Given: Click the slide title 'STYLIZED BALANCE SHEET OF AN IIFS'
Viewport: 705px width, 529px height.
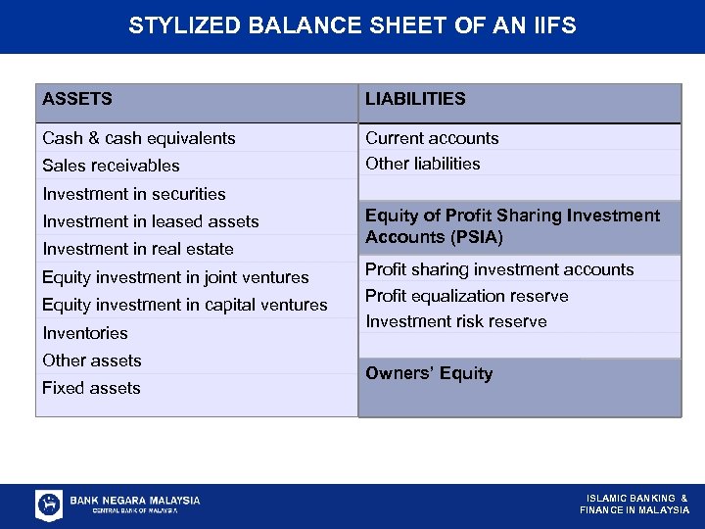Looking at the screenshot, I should [x=352, y=25].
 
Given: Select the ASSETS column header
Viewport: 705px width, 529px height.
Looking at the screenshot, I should [x=77, y=99].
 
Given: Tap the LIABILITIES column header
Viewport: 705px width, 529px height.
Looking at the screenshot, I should [x=415, y=99].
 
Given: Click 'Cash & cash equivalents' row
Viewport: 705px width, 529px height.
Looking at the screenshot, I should [x=138, y=138].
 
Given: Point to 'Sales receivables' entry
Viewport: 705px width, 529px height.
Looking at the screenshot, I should [x=111, y=166].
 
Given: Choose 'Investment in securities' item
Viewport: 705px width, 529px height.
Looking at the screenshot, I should [x=133, y=194].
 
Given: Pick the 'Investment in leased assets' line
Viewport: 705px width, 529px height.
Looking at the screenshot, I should [x=150, y=221].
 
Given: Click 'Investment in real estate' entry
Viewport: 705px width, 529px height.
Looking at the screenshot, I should [x=137, y=249].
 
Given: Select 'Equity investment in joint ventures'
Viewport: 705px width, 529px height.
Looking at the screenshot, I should [x=175, y=277].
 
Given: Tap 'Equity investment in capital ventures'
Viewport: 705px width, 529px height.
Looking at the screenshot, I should [x=184, y=305].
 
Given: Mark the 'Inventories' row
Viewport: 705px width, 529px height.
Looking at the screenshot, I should [x=85, y=333].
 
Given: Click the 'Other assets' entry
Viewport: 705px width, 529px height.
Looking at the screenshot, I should [x=91, y=361].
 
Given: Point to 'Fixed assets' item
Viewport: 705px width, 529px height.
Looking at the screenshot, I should [x=91, y=388].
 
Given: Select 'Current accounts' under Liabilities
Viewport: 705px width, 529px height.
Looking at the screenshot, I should [x=432, y=138].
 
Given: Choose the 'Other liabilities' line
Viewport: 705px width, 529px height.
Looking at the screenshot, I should [x=423, y=164].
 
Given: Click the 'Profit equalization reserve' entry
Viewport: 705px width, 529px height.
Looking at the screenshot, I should [x=466, y=296].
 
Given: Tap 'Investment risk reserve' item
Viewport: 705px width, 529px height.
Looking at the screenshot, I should [x=456, y=321].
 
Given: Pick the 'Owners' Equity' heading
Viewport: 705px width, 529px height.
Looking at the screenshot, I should [x=429, y=373].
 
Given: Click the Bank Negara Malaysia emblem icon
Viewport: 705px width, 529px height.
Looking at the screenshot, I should [x=49, y=505].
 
